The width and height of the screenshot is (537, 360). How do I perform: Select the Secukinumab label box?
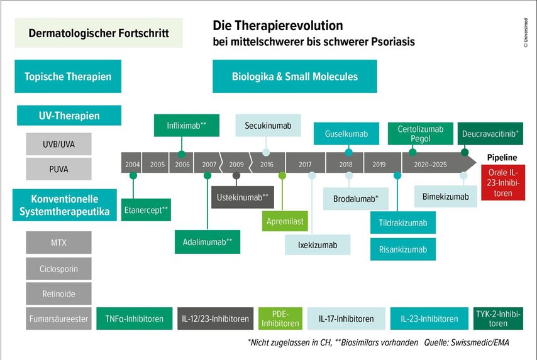(x=268, y=125)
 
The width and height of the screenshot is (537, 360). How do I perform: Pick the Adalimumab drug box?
(x=207, y=241)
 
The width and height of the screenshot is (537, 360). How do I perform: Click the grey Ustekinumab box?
(x=241, y=197)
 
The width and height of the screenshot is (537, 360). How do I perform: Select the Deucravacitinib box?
(x=490, y=134)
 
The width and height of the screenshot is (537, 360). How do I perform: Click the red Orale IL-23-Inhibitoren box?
(x=503, y=183)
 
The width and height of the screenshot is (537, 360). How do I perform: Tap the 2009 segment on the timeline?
(x=236, y=164)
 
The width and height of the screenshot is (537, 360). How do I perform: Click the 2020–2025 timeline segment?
(x=431, y=164)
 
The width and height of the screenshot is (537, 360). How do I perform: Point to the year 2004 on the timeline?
(x=132, y=164)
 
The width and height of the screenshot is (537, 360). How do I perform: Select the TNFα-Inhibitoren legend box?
(x=135, y=319)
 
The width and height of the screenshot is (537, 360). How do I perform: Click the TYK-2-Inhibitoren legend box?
(x=498, y=319)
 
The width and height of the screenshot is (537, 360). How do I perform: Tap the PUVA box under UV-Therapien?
(x=59, y=169)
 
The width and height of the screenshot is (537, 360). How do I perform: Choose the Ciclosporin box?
(x=59, y=268)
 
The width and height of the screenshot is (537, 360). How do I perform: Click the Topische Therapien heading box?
(x=68, y=77)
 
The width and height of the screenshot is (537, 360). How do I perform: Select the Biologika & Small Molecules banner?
(x=295, y=77)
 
